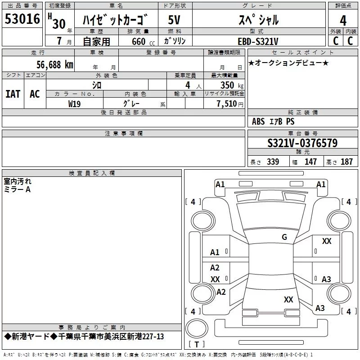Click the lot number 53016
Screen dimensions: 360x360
click(x=22, y=19)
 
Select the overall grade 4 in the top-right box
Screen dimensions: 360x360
click(x=343, y=21)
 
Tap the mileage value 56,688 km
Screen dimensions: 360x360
click(x=55, y=65)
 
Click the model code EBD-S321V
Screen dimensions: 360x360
click(x=258, y=41)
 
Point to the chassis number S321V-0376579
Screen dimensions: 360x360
click(x=302, y=143)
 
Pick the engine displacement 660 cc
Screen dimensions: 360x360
click(x=143, y=42)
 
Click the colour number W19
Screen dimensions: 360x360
click(x=74, y=104)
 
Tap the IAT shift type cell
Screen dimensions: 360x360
click(x=13, y=94)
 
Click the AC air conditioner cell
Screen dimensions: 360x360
click(x=35, y=94)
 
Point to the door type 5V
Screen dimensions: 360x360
click(x=174, y=20)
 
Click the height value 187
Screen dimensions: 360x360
click(x=346, y=162)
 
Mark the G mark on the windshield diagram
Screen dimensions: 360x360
click(x=284, y=237)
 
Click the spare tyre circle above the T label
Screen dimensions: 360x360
click(x=197, y=328)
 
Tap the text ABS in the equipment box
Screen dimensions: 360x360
click(x=258, y=121)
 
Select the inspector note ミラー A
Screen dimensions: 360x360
click(x=17, y=189)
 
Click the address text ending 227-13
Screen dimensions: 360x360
click(x=84, y=337)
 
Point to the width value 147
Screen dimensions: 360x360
click(x=310, y=162)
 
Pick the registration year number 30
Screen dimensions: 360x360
click(x=59, y=24)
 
